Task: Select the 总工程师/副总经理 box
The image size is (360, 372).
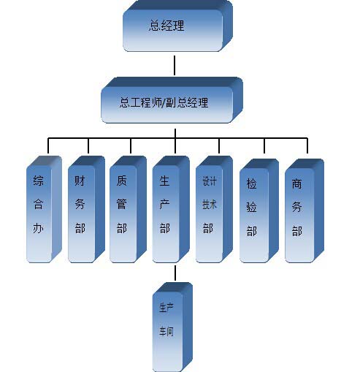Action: [172, 100]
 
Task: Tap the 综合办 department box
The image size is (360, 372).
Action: [44, 209]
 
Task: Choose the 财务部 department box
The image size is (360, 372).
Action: [86, 209]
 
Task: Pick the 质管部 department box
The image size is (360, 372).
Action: [128, 209]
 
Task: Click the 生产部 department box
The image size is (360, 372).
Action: [171, 209]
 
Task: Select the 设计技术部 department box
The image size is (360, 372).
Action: [214, 209]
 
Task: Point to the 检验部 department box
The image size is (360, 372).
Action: [259, 210]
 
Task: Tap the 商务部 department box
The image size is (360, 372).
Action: [305, 210]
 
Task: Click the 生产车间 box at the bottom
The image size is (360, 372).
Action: [172, 327]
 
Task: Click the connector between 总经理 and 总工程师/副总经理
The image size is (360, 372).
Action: [175, 65]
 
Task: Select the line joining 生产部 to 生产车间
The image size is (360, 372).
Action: [175, 273]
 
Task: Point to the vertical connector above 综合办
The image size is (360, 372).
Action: [48, 145]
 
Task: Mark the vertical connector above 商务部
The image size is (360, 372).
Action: [307, 145]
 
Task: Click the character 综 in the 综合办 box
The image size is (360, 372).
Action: [39, 181]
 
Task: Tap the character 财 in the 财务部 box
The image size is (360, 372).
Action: [80, 181]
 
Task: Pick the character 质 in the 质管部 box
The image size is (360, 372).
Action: [121, 181]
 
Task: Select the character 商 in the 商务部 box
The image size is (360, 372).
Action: [296, 184]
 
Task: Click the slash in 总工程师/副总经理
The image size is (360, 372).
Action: [163, 102]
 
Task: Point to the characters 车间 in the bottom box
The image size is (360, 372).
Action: [166, 332]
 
